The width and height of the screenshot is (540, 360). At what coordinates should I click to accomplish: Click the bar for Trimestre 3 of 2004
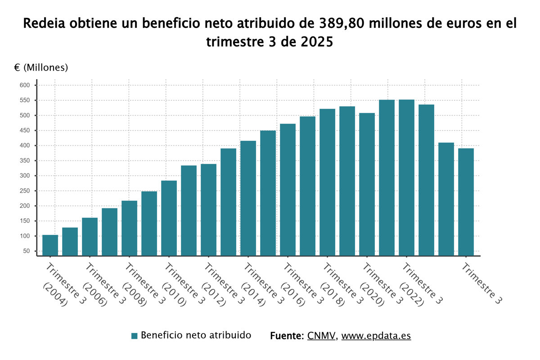click(50, 245)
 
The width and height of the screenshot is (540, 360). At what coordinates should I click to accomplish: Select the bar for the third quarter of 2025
click(466, 202)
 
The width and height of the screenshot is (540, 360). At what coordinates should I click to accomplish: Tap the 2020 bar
click(367, 184)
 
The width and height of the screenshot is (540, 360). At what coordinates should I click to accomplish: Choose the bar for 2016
click(288, 189)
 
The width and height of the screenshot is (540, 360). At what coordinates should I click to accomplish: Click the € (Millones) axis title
click(41, 67)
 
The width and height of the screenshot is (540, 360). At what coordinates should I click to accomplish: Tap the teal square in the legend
click(134, 336)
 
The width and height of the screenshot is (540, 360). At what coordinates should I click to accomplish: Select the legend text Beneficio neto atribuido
click(196, 335)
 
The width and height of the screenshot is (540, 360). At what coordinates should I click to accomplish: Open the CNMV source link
click(321, 336)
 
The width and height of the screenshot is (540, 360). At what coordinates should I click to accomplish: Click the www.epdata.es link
click(376, 336)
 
